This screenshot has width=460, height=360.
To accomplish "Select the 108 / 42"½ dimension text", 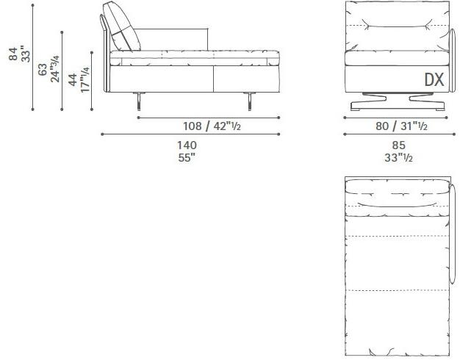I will click(211, 125).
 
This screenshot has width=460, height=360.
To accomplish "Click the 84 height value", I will click(14, 55).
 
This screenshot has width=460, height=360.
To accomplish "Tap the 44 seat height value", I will click(72, 79).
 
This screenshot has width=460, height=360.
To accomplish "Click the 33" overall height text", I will click(26, 55).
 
